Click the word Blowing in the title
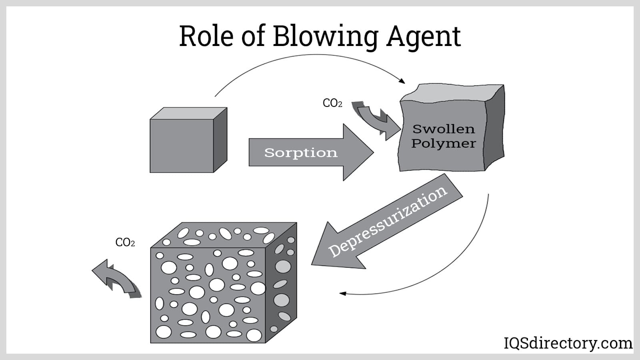[325, 37]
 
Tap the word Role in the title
[206, 36]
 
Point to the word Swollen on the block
[444, 129]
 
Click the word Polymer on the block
[444, 143]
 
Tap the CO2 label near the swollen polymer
[332, 103]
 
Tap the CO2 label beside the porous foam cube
[125, 242]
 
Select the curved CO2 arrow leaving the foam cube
[116, 278]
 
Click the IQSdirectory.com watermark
[568, 343]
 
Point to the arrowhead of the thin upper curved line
[402, 81]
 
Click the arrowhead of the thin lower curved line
[342, 294]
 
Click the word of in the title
[253, 37]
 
